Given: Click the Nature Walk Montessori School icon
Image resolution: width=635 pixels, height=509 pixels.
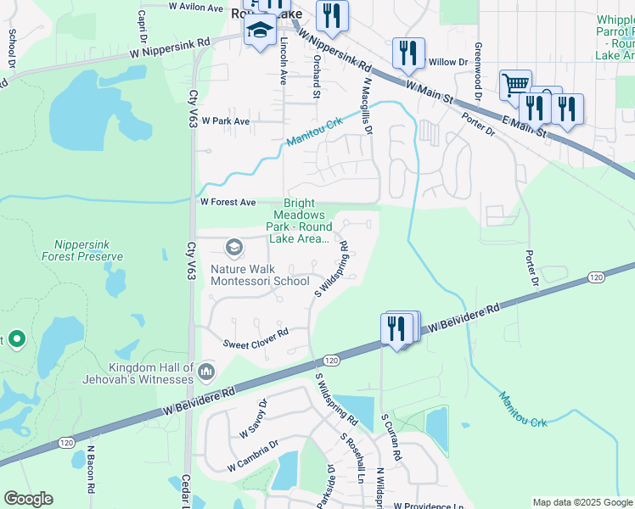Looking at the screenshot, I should [233, 248].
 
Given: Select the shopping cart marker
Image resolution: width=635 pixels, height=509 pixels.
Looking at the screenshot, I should [514, 85].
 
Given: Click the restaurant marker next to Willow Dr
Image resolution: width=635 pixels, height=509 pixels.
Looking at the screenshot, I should [408, 53].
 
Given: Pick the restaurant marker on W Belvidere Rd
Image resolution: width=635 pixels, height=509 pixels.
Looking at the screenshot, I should [396, 327].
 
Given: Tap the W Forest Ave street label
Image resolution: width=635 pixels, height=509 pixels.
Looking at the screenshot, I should [228, 203].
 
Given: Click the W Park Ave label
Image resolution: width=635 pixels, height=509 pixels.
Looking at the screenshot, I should [225, 121].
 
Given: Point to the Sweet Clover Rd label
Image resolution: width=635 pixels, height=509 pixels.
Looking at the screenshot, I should [256, 344].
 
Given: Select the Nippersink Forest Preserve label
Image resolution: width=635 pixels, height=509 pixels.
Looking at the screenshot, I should [88, 249].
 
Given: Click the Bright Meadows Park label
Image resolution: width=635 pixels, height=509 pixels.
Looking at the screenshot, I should [298, 221].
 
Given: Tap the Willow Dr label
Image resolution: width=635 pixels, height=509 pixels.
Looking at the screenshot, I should [448, 62].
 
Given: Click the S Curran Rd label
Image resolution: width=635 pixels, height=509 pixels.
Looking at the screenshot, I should [385, 437].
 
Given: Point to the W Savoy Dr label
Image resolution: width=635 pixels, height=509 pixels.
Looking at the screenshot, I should [253, 418].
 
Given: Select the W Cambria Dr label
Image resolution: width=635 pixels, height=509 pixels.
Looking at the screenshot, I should [253, 456].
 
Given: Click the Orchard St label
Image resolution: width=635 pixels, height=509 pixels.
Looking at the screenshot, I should [315, 76].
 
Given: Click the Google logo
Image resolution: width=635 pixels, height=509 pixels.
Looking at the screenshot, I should [28, 499].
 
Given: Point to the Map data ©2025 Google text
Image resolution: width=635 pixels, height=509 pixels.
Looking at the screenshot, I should [582, 502].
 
